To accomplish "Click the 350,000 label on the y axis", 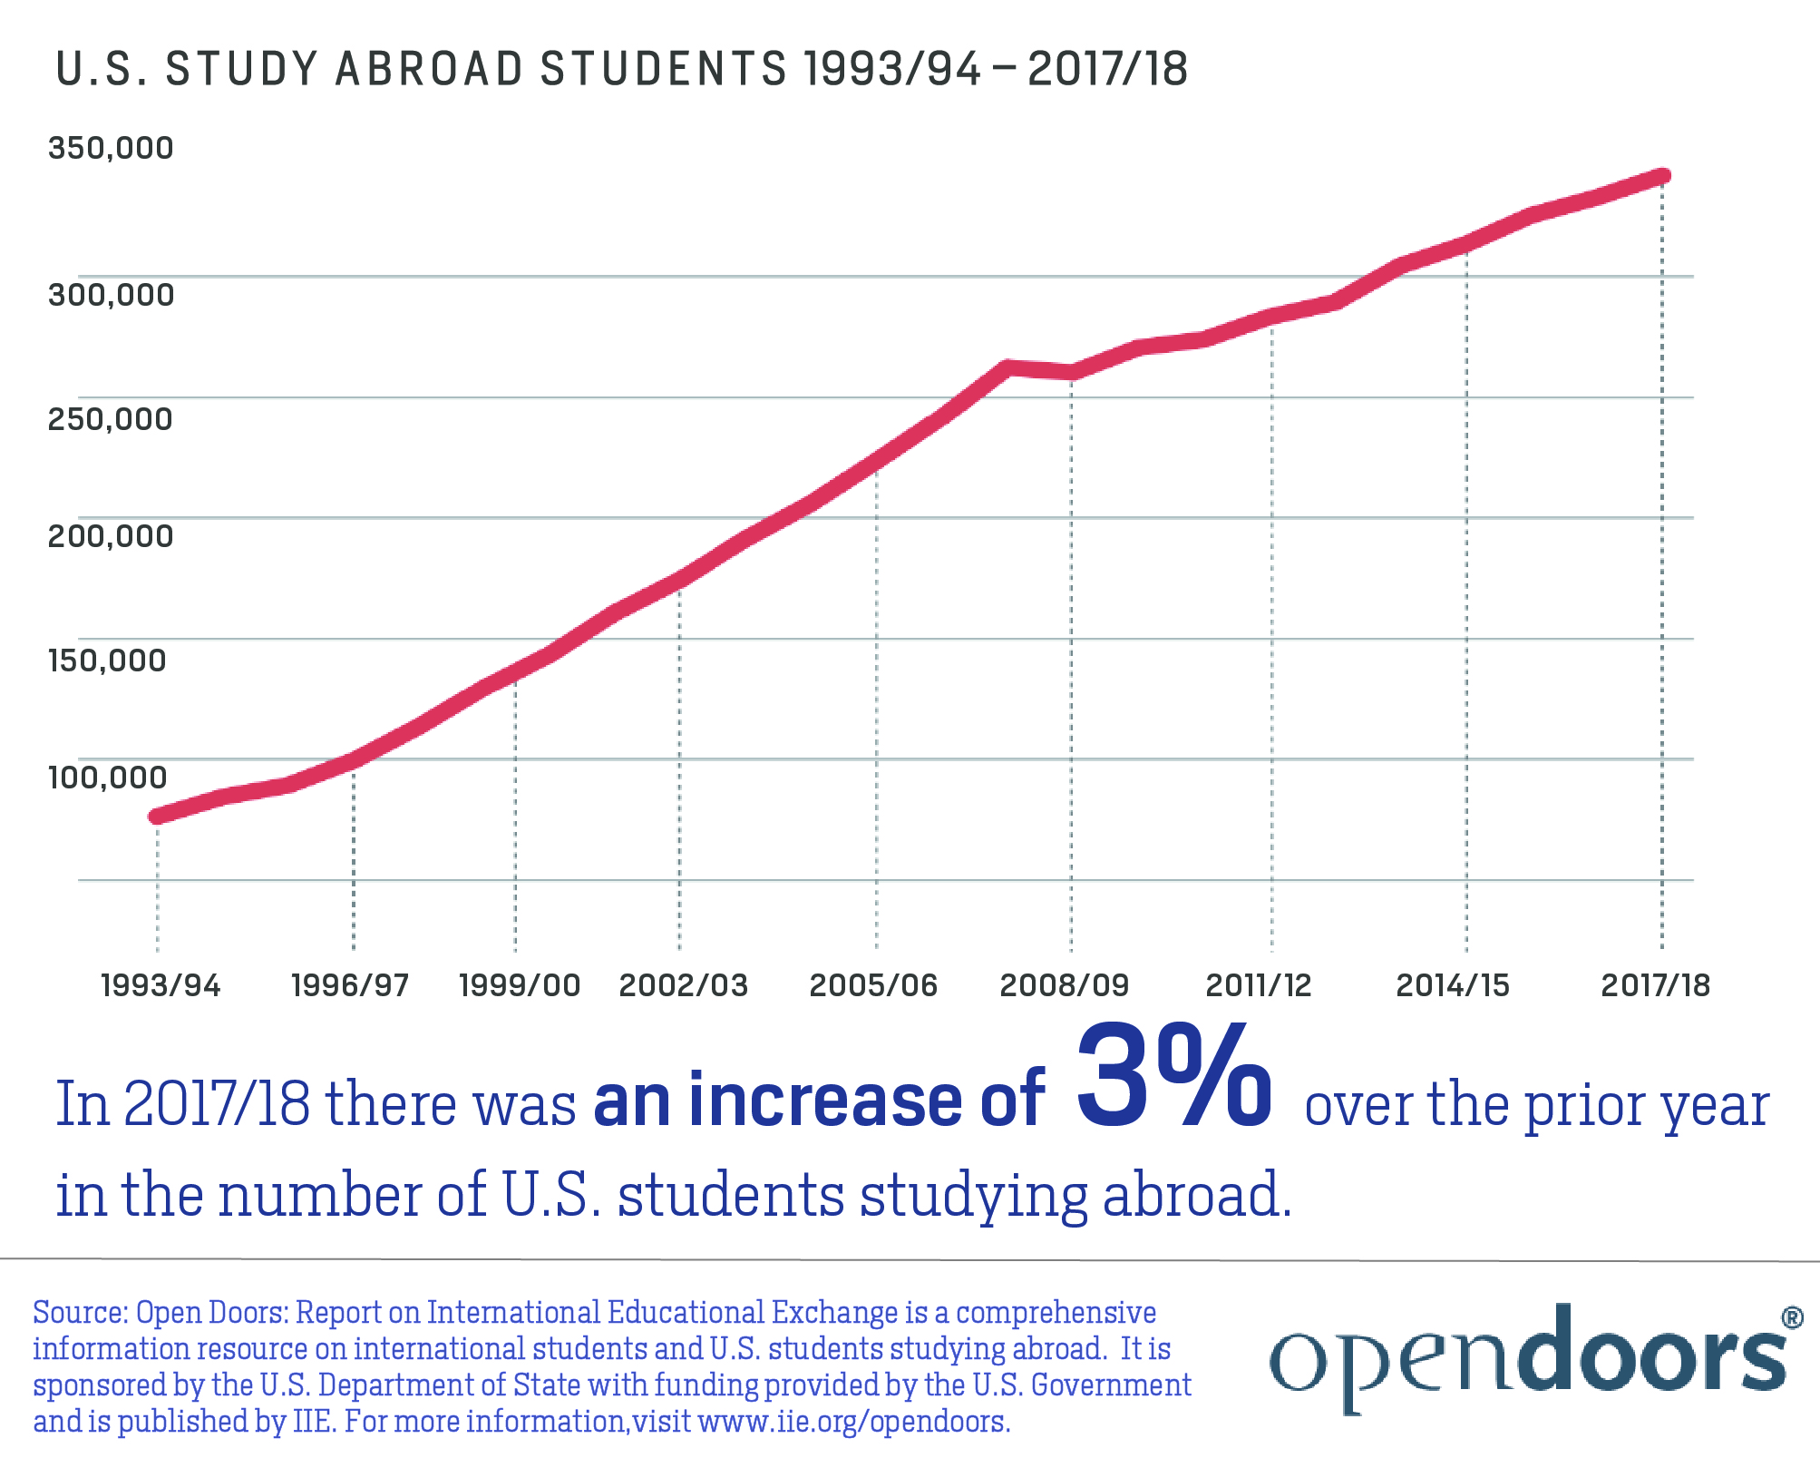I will pos(110,148).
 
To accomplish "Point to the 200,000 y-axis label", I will pos(110,536).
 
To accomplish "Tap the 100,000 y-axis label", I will pos(107,778).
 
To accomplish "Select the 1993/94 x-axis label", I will pos(161,985).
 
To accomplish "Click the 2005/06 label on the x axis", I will pos(872,985).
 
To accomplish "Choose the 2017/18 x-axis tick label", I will pos(1655,985).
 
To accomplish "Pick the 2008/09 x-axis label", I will pos(1064,985).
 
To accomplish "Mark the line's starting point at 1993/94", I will pos(157,817).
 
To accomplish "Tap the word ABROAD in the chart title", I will pos(429,70).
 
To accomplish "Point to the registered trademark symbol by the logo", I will pos(1792,1317).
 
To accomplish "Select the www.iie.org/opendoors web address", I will pos(854,1421).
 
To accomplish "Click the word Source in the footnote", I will pos(80,1313).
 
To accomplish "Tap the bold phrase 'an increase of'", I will pos(819,1101).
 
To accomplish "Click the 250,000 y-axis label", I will pos(110,419).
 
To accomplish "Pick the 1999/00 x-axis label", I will pos(520,985).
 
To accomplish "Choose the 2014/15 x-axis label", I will pos(1452,985).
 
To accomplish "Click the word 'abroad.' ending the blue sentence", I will pos(1197,1196).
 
